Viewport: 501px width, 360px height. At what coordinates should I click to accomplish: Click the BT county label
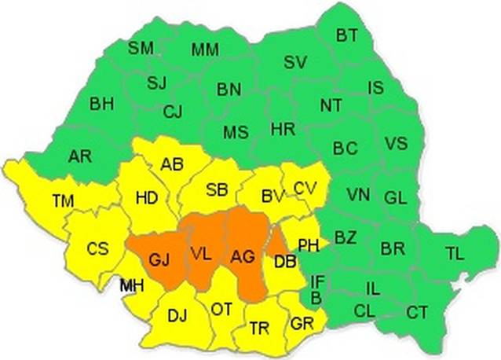point(347,35)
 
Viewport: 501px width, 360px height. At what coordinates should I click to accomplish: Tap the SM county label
point(141,48)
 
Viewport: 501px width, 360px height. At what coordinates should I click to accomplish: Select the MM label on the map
point(205,50)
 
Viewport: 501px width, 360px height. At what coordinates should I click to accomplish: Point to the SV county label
point(294,62)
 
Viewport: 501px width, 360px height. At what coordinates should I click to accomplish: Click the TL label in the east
point(455,253)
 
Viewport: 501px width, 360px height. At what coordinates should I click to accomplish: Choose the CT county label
point(417,313)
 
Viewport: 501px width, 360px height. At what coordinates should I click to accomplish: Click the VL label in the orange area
point(201,253)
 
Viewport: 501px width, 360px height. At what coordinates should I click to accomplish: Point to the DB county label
point(285,263)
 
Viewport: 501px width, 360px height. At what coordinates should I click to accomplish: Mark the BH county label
point(101,103)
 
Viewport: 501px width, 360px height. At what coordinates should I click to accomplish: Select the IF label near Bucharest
point(317,281)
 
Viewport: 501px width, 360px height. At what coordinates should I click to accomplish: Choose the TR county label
point(259,329)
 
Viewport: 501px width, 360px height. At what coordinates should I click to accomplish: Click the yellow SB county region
point(217,189)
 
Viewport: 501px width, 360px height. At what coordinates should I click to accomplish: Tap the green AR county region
point(79,156)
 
